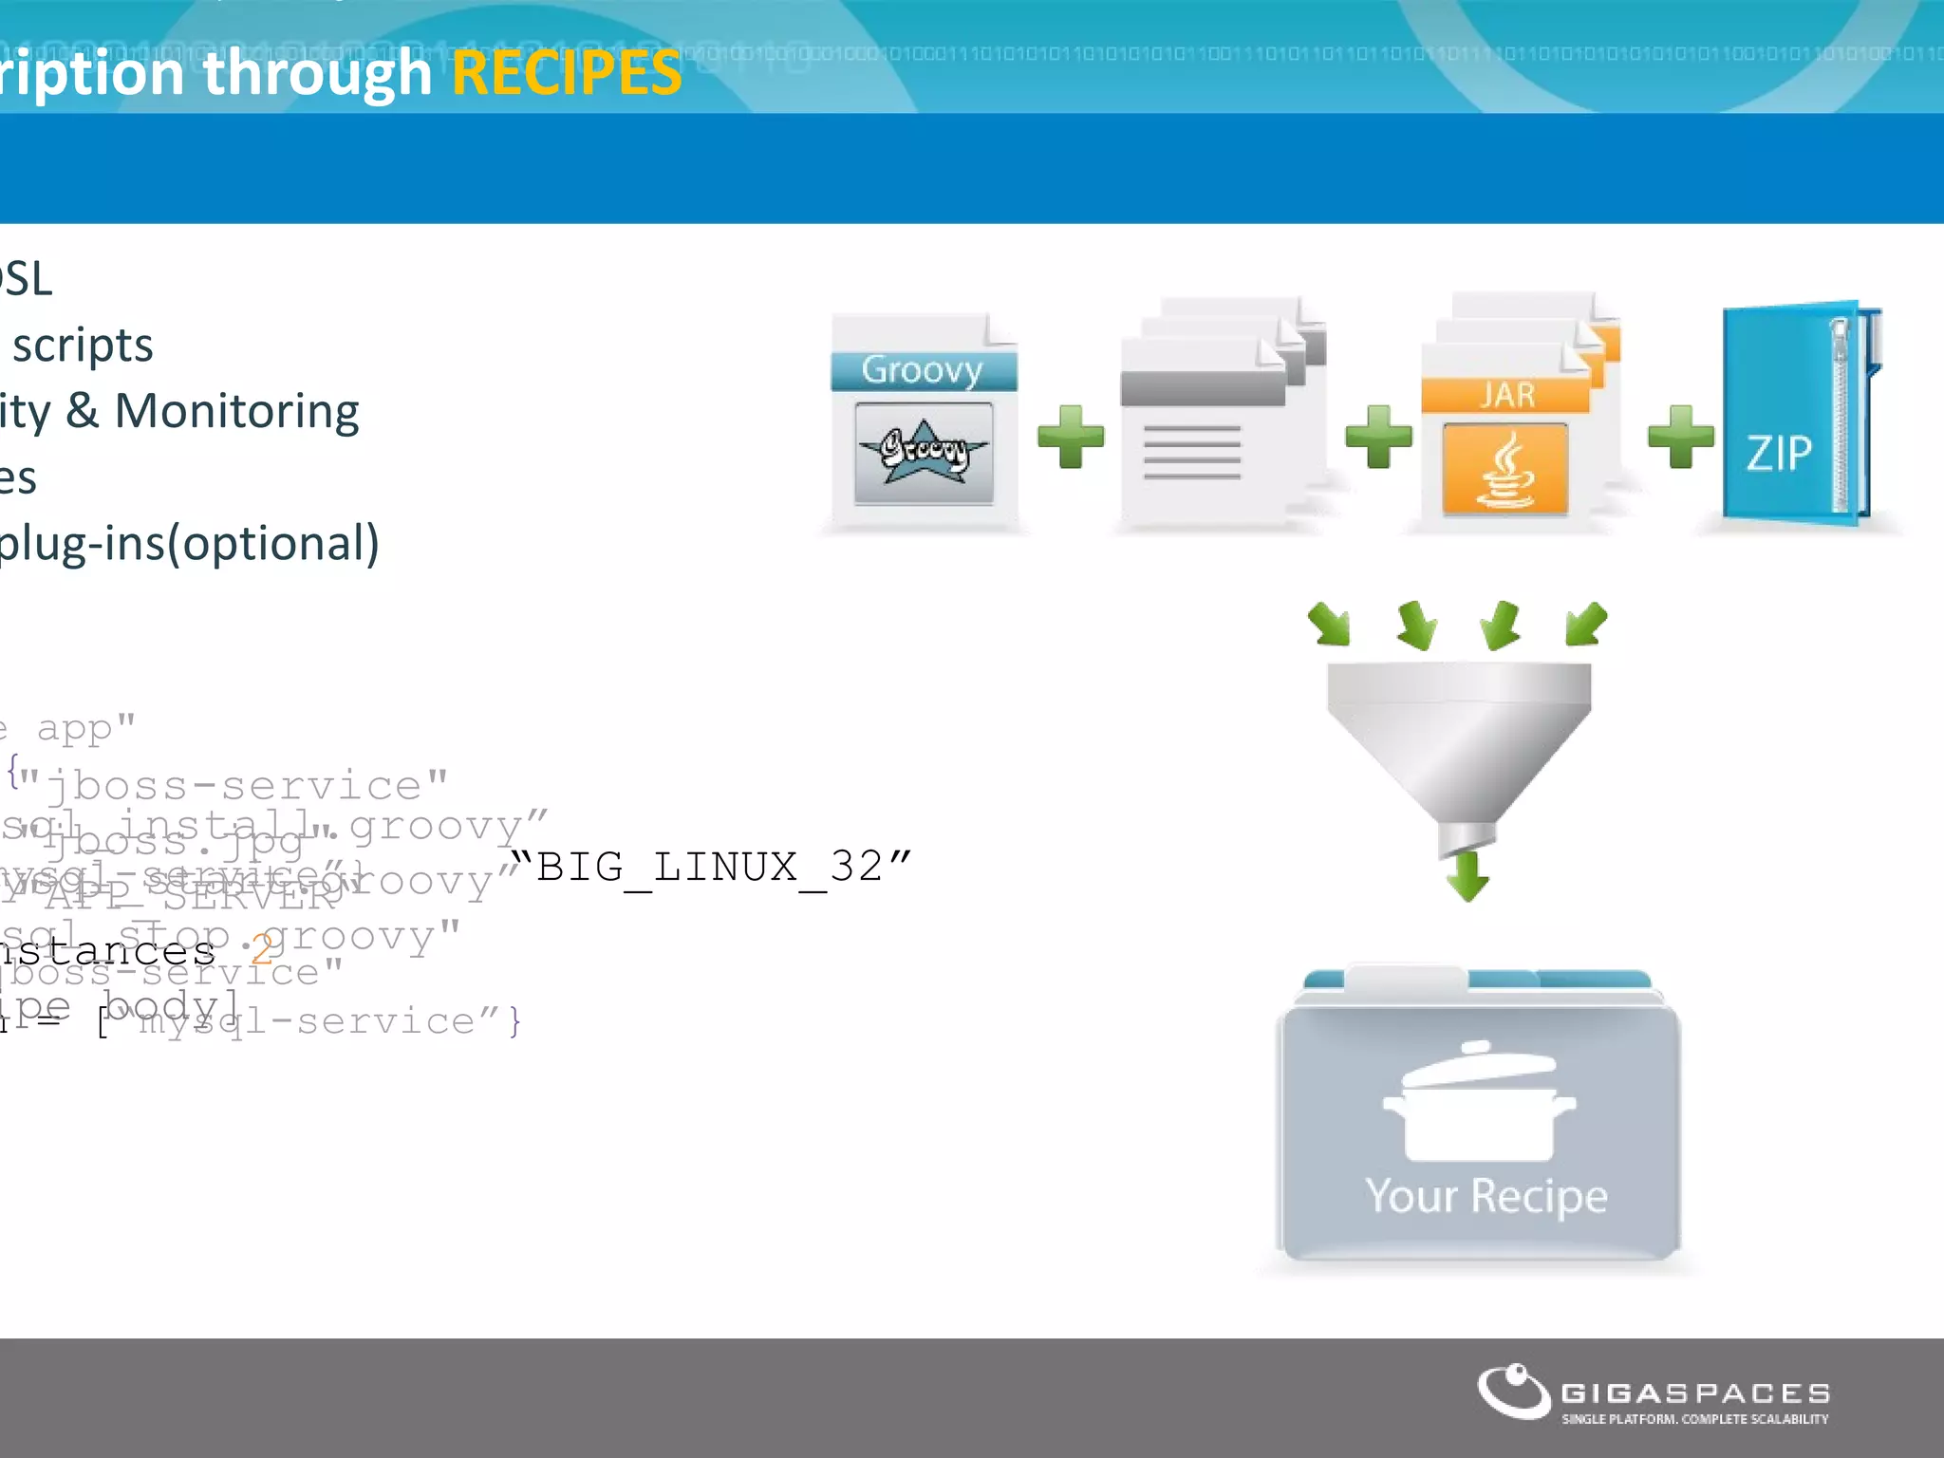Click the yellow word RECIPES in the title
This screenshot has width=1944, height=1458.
point(567,73)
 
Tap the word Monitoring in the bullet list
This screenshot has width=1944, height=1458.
point(236,411)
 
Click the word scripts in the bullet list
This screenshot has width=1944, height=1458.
point(83,345)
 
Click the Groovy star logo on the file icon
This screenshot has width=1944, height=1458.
point(923,452)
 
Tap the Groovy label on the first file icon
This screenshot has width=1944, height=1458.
point(922,369)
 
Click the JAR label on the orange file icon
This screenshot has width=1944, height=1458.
point(1506,394)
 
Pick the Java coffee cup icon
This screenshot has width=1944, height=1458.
point(1505,470)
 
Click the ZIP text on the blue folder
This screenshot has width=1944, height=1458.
point(1779,453)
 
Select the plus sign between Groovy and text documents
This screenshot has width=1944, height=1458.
point(1071,437)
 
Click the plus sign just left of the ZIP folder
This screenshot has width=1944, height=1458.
point(1680,437)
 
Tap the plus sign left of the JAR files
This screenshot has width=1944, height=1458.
point(1378,437)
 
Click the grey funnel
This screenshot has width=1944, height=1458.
point(1459,740)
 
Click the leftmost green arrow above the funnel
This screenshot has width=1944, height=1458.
point(1329,624)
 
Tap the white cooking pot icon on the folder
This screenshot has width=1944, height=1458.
point(1479,1106)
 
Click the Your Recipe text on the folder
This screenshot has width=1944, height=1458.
point(1486,1195)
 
